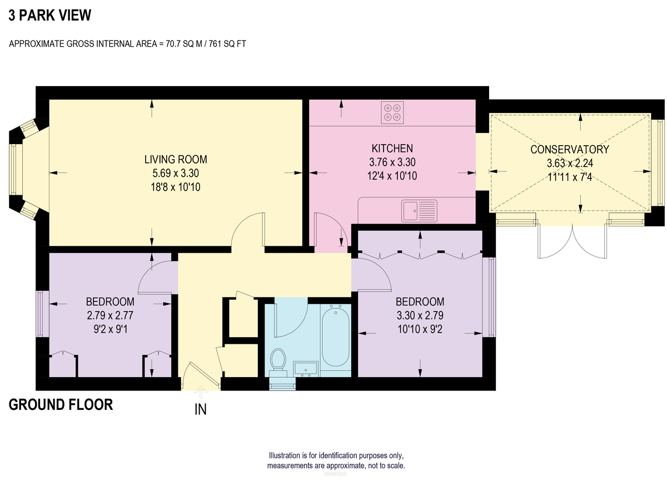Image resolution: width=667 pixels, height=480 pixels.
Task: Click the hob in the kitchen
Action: tap(392, 112)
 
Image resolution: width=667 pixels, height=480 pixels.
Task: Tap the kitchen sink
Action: tap(419, 211)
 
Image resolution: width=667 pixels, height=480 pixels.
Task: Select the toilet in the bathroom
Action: tap(278, 363)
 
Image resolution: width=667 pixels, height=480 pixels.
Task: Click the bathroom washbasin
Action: tap(306, 369)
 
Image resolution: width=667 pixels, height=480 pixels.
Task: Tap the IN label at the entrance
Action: tap(201, 410)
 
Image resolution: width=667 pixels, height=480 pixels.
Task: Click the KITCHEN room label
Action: tap(392, 149)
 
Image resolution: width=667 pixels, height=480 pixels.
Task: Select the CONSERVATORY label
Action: tap(570, 150)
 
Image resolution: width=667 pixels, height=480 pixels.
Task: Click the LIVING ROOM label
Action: tap(176, 160)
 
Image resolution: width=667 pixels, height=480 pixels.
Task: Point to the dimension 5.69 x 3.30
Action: tap(176, 173)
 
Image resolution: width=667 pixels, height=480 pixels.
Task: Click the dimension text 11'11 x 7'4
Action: tap(570, 177)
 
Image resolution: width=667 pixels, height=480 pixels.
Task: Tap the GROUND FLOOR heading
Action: tap(61, 404)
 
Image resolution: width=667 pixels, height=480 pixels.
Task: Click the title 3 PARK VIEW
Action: tap(49, 15)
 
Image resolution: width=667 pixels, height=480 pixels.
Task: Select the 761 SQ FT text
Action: tap(227, 44)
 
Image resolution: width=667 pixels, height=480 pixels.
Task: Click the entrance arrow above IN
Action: tap(201, 392)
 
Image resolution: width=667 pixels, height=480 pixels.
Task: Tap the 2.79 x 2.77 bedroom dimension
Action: tap(110, 315)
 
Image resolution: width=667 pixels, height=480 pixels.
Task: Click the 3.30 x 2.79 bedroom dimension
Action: tap(420, 315)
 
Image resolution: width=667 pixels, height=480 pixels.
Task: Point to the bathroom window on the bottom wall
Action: tap(282, 384)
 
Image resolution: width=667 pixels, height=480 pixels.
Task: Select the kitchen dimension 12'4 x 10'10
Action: tap(392, 176)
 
